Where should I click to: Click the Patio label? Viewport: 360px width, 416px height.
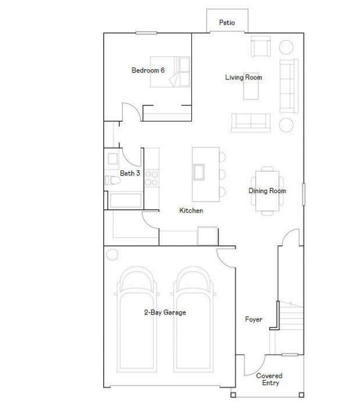[227, 23]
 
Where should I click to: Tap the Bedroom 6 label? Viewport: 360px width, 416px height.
[148, 70]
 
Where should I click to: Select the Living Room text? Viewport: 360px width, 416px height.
[244, 77]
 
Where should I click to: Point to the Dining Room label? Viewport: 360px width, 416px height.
[267, 191]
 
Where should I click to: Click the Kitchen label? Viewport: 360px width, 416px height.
[191, 211]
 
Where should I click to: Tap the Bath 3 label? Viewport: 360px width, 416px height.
[130, 173]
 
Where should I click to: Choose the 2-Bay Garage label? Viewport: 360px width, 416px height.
[165, 312]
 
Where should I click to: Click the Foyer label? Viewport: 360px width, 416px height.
[254, 320]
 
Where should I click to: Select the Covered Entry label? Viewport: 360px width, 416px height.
[269, 379]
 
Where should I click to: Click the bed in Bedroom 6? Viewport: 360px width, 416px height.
[170, 73]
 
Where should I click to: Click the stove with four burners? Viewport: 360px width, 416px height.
[151, 179]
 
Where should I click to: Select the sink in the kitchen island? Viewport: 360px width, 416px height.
[199, 172]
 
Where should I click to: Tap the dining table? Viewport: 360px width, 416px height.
[267, 191]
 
